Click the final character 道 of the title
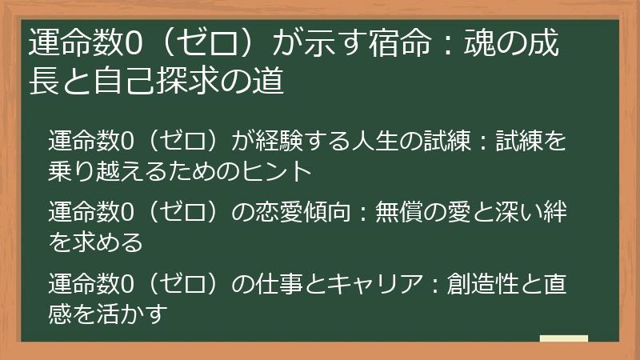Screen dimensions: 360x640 point(269,81)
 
